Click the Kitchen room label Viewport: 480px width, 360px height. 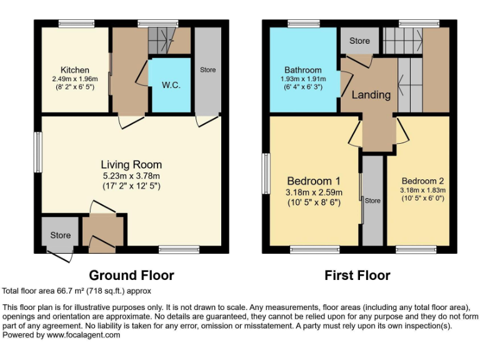(74, 70)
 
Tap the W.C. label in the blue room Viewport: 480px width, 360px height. (171, 85)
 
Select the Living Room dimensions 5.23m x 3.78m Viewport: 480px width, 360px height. (131, 175)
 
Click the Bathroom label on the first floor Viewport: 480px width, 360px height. (302, 70)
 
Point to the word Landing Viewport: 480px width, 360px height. (371, 95)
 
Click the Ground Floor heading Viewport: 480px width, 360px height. (131, 275)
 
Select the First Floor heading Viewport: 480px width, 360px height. (357, 275)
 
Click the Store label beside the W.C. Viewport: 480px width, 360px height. (208, 70)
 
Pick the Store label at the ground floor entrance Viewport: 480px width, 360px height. (61, 236)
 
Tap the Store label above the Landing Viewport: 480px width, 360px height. (359, 41)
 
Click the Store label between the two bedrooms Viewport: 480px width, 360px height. (372, 201)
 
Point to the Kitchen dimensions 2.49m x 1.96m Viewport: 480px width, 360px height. (75, 79)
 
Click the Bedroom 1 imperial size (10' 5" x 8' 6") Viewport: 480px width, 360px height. (314, 202)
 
